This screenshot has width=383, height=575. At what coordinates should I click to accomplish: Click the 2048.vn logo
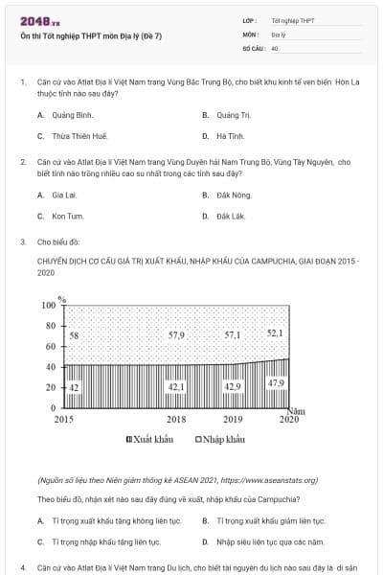[38, 20]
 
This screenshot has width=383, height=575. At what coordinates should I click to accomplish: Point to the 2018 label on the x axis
[176, 420]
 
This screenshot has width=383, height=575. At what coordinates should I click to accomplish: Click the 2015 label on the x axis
[64, 420]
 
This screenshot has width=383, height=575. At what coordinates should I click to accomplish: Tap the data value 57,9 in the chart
[176, 335]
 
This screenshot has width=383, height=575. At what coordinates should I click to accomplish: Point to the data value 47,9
[275, 383]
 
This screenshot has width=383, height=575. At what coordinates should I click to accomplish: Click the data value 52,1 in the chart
[275, 333]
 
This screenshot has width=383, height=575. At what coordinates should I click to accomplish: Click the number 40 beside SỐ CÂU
[275, 47]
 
